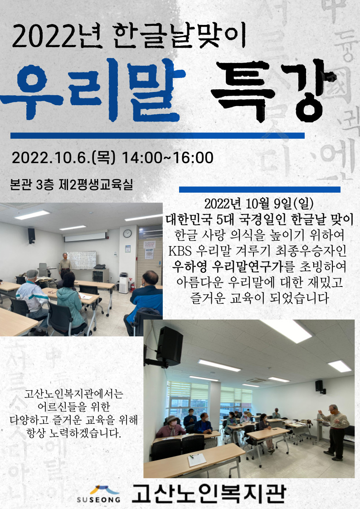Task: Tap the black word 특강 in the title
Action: (x=274, y=91)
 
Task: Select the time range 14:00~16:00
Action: (x=167, y=158)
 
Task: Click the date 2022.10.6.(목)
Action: (x=63, y=158)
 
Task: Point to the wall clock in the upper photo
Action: (x=127, y=233)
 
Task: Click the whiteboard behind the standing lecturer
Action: (x=81, y=260)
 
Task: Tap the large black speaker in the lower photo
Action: (x=169, y=346)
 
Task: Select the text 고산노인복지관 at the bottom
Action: (x=209, y=494)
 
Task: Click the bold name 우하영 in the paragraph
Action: (x=190, y=267)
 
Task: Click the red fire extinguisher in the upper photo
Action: (x=132, y=286)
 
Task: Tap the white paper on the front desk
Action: (x=197, y=460)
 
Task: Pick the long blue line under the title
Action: (x=157, y=136)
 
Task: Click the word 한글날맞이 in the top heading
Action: (x=180, y=36)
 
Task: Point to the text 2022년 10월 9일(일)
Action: (x=259, y=204)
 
